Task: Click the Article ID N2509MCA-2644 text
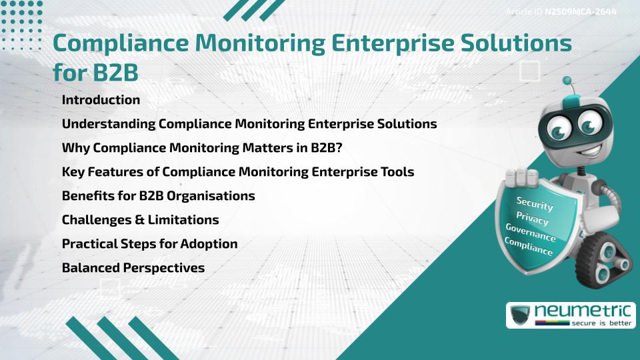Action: pos(561,12)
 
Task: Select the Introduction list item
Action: pos(101,100)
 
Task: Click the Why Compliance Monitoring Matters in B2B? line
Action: pos(201,147)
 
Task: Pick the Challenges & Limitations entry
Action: pos(140,219)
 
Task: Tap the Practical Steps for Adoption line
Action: pos(149,243)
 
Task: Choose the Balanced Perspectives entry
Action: pos(133,267)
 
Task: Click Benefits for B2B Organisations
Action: pos(158,195)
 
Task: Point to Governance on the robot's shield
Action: pos(531,233)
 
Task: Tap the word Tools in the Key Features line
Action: pos(397,171)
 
